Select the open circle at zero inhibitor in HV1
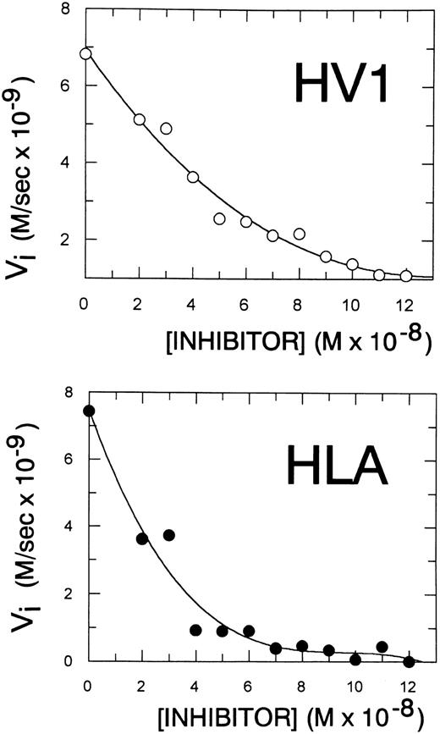coord(85,53)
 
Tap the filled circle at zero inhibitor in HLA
coord(89,411)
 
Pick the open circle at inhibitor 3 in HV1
coord(166,129)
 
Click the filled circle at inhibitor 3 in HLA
coord(169,535)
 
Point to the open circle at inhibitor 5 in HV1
coord(219,219)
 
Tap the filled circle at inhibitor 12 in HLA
coord(410,662)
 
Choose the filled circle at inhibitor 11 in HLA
coord(382,647)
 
